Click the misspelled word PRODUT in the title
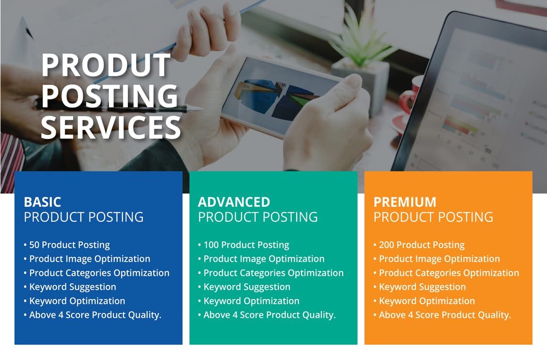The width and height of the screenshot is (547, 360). pyautogui.click(x=106, y=65)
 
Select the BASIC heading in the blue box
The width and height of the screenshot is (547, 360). pyautogui.click(x=43, y=202)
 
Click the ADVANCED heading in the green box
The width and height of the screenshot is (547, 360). pyautogui.click(x=234, y=202)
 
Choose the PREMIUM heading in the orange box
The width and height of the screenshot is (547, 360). pyautogui.click(x=405, y=202)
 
